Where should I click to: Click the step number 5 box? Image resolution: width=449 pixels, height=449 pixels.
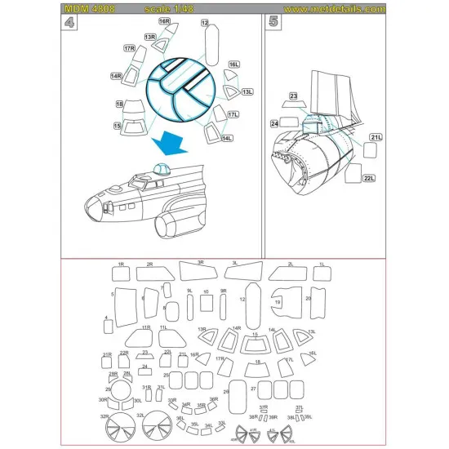pyautogui.click(x=273, y=23)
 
